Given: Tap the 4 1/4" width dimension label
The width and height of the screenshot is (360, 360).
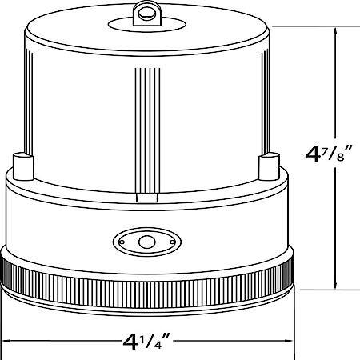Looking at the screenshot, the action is point(146,341).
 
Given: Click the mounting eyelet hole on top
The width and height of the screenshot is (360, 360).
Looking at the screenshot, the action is point(144,12).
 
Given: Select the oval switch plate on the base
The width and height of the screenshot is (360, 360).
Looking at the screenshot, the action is point(147,242).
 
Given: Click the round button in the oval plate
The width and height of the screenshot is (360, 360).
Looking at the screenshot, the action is point(147,242).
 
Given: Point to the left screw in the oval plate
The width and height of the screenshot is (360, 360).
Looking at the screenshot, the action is point(122,242).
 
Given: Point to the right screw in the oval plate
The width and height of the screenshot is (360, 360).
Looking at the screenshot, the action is point(172,242).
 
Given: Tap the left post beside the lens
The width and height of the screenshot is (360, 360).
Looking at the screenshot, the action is point(23,166).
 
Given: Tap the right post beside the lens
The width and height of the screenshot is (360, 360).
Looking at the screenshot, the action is point(269,166).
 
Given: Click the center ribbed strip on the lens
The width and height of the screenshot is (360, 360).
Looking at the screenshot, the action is point(147,130).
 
